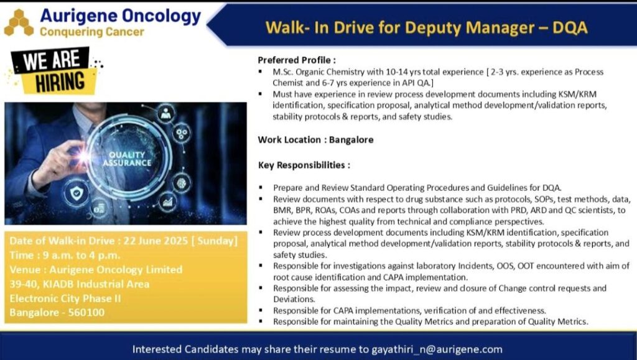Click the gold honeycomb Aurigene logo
tap(19, 23)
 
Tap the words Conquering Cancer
tap(91, 31)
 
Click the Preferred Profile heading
tap(297, 60)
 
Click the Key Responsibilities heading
tap(304, 165)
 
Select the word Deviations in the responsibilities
tap(293, 298)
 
